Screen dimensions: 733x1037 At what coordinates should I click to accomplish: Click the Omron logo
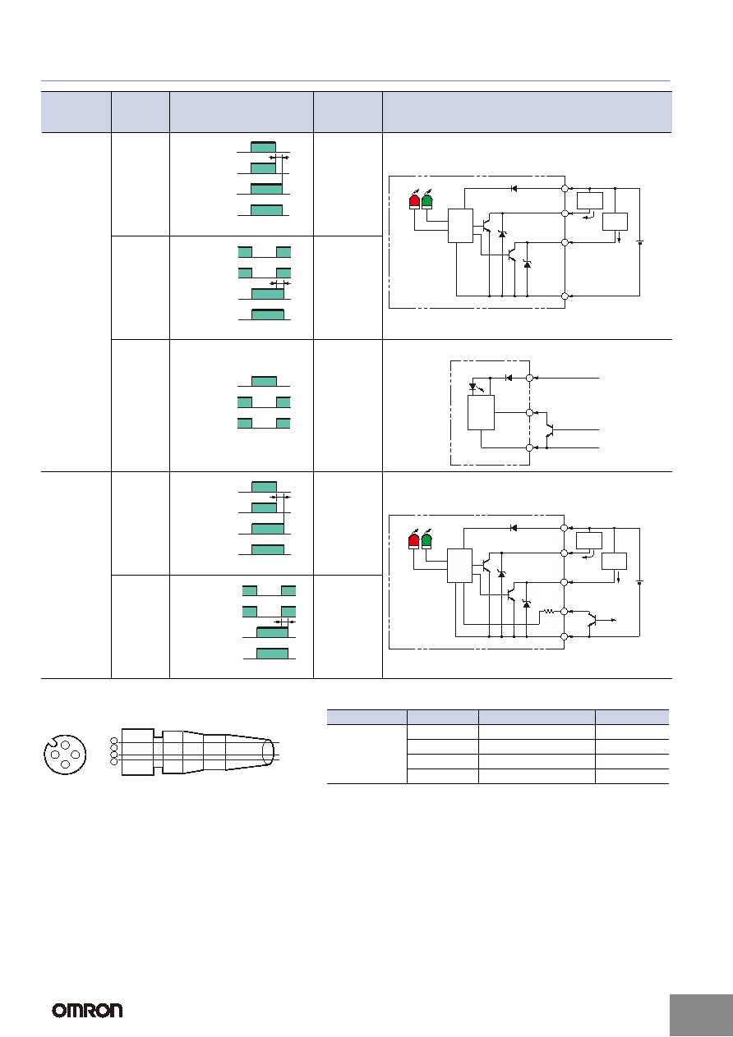(x=87, y=1010)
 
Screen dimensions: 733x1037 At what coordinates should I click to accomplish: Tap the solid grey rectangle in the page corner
(x=701, y=1015)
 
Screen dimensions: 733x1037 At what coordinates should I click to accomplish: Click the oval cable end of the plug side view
(x=268, y=752)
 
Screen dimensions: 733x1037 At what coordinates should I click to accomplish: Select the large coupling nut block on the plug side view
(x=137, y=752)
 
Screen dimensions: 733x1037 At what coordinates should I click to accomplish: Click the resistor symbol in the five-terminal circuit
(x=549, y=612)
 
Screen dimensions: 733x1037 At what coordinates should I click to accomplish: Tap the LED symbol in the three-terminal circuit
(x=473, y=386)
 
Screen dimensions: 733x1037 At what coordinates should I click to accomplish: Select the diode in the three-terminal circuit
(x=509, y=379)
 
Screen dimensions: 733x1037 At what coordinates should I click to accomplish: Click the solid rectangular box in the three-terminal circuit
(x=481, y=412)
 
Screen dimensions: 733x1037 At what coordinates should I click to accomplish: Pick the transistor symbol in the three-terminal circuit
(x=550, y=430)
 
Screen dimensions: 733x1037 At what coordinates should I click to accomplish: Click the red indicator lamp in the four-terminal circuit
(x=415, y=201)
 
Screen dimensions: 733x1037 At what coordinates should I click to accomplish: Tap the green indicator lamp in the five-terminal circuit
(x=426, y=541)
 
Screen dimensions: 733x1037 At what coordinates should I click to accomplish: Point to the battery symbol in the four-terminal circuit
(x=640, y=242)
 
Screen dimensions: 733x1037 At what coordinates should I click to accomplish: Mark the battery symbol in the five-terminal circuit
(x=639, y=582)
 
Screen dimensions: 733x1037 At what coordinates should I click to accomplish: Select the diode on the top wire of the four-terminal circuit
(x=514, y=188)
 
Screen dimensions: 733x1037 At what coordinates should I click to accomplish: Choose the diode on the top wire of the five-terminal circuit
(x=513, y=528)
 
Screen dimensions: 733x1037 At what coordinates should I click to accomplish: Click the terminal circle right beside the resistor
(x=564, y=612)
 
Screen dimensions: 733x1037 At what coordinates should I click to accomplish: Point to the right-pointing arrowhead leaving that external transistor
(x=615, y=620)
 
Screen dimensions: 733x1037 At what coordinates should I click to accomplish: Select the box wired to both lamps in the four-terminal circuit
(x=460, y=226)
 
